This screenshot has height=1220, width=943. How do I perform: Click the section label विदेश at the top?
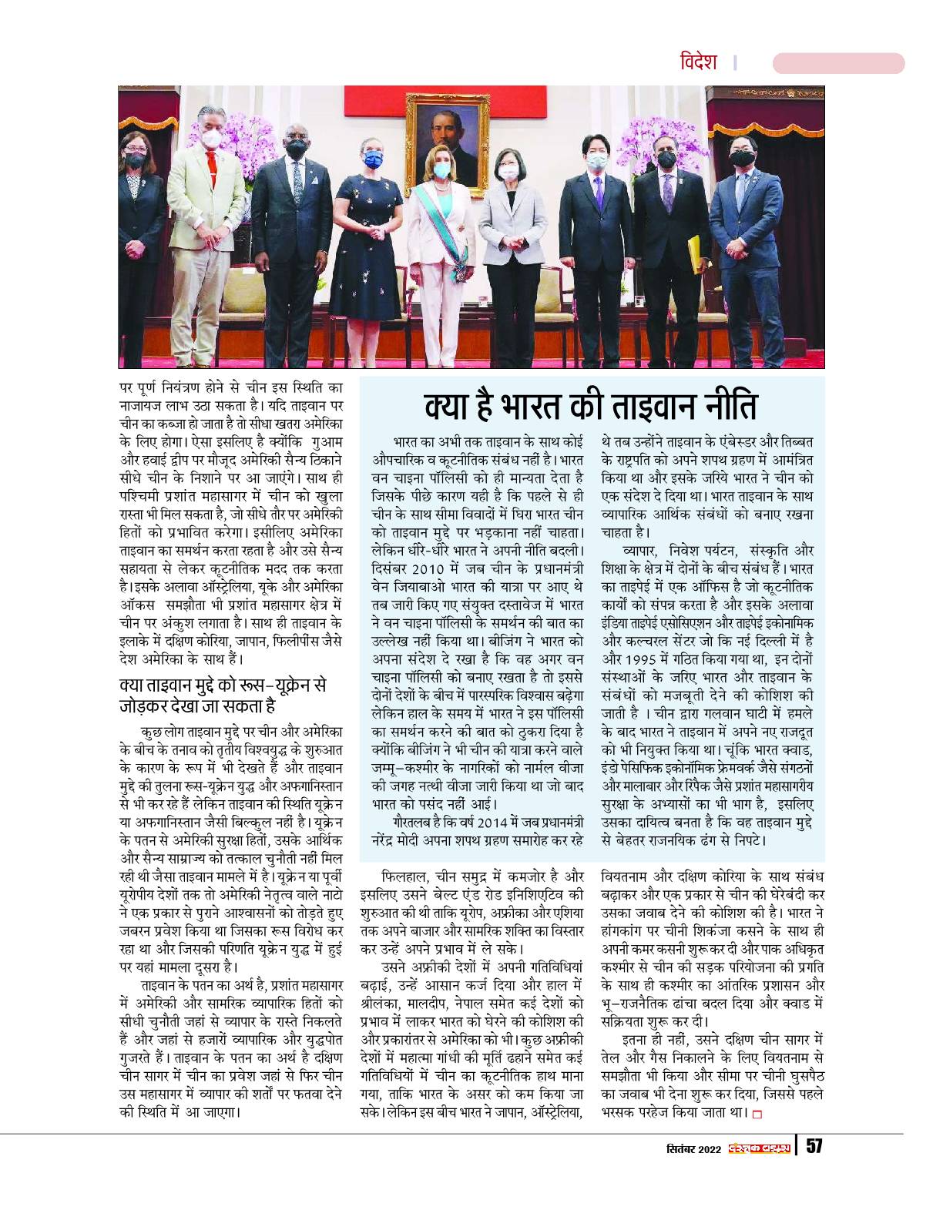click(699, 62)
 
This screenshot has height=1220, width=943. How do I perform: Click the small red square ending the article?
click(757, 1113)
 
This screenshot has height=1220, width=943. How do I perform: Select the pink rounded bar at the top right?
click(838, 63)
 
